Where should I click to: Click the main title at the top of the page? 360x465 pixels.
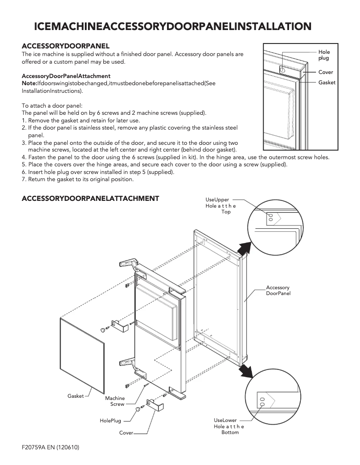[173, 27]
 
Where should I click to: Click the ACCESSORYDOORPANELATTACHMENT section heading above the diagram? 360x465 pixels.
[90, 198]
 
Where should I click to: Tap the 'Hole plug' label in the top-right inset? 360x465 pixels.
[324, 56]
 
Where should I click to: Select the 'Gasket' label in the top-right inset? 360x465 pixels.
[327, 83]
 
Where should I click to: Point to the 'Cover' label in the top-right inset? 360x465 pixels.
[325, 72]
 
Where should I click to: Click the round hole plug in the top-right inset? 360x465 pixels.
[282, 70]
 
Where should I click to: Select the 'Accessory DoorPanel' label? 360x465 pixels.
[278, 290]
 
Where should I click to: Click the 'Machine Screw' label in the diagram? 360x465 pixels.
[115, 401]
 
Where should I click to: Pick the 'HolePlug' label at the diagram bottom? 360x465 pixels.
[110, 421]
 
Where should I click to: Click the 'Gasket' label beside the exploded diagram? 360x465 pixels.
[75, 396]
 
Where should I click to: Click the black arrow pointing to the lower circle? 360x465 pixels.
[245, 370]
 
